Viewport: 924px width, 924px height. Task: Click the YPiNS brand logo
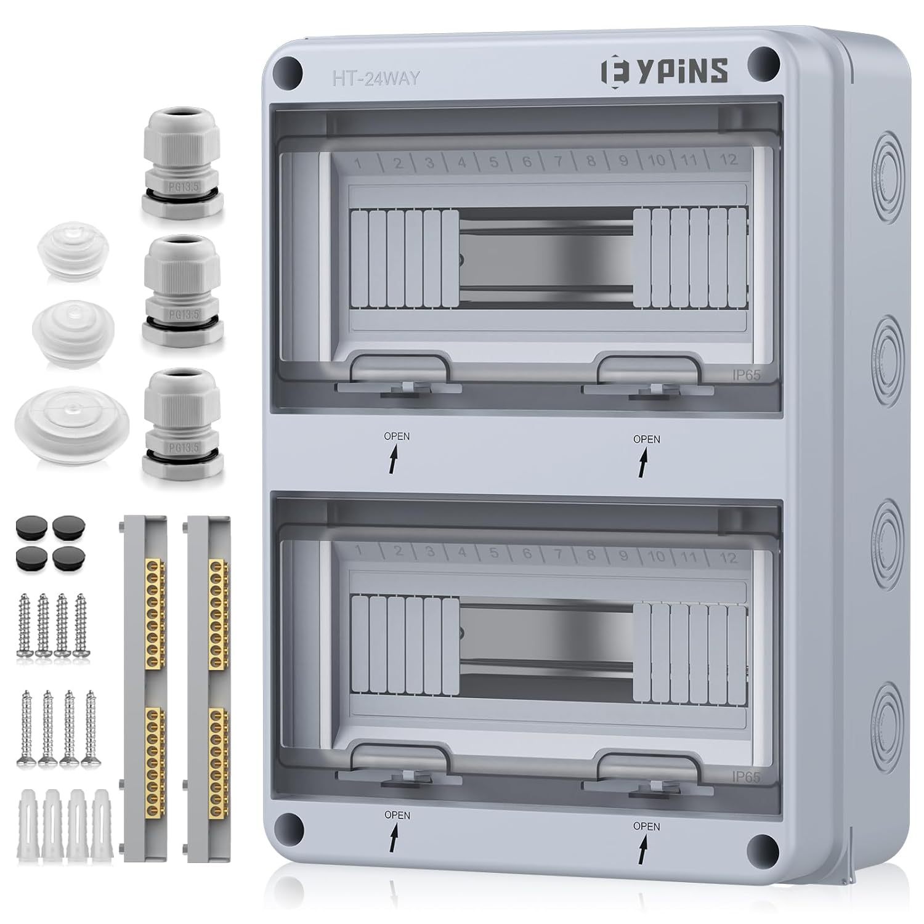(664, 70)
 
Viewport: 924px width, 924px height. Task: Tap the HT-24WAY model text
(376, 78)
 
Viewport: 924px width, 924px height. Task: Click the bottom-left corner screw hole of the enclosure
(290, 826)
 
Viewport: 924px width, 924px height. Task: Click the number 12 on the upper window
(728, 160)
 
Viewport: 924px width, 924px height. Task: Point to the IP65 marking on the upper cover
(746, 374)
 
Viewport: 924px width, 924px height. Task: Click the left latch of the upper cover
(399, 373)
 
